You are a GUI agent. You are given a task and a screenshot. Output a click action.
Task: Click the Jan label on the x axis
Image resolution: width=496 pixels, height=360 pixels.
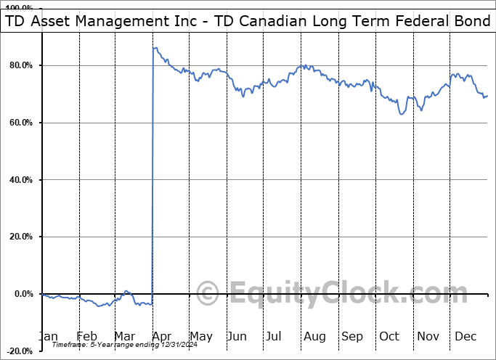tap(48, 336)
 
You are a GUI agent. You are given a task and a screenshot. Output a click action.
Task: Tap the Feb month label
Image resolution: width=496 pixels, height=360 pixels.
tap(86, 336)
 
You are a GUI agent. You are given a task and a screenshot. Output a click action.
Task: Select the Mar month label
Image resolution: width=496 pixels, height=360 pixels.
tap(124, 336)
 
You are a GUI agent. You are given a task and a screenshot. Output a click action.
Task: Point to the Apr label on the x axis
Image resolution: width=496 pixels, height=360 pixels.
tap(163, 336)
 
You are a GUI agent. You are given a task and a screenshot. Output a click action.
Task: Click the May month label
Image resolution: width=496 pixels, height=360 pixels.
tap(200, 336)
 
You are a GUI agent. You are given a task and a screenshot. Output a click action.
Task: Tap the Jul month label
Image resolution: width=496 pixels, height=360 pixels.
tap(275, 336)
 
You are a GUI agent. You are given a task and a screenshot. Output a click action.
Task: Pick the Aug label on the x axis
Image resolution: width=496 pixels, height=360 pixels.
tap(314, 336)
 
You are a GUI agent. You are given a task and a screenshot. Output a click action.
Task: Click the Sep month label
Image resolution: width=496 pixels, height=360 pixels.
tap(352, 336)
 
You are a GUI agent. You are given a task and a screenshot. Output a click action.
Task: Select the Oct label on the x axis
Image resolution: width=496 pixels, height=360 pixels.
tap(389, 336)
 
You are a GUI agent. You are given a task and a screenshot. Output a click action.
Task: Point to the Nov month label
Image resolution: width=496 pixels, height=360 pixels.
tap(428, 336)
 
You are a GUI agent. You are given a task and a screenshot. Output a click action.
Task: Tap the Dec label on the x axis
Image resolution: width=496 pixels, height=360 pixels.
tap(465, 336)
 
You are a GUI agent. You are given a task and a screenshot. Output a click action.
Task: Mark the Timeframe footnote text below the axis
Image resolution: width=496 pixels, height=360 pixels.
tap(120, 345)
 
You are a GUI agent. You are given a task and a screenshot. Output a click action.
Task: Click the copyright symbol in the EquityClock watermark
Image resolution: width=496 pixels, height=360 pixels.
tap(208, 294)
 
